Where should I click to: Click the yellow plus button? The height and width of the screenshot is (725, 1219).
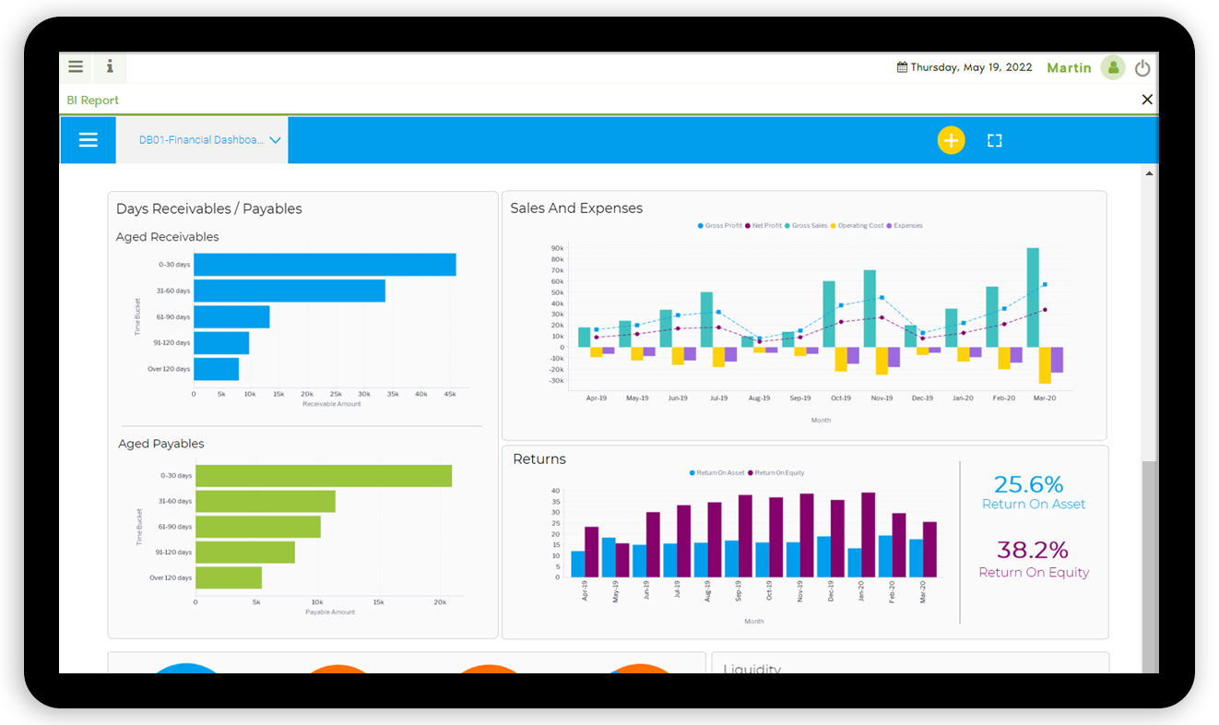(951, 140)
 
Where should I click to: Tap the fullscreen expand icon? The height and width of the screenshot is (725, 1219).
(994, 140)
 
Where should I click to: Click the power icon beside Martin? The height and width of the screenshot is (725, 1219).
(1142, 68)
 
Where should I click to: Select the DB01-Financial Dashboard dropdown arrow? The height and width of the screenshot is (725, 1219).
(275, 141)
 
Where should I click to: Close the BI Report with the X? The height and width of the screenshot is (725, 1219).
(1147, 100)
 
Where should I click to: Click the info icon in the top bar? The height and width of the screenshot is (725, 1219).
(110, 66)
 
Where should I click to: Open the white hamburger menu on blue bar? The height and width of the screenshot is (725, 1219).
(89, 140)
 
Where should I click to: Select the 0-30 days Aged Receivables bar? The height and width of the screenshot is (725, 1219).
(325, 265)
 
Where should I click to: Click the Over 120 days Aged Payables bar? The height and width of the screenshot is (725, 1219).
(229, 577)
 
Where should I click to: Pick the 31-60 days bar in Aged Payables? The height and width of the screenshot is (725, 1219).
(266, 502)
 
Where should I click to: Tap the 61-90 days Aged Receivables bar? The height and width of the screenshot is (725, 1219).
(231, 317)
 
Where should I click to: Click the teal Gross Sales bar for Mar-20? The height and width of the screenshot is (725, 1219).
(1033, 297)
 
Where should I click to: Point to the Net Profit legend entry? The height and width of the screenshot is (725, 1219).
(766, 226)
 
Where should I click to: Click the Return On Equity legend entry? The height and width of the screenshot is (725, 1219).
(779, 473)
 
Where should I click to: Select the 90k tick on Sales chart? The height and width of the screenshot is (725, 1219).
(557, 248)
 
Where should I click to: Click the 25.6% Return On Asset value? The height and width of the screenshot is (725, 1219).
(1028, 484)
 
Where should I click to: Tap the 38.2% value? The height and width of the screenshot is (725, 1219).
(1033, 551)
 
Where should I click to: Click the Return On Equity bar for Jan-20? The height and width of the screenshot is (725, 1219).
(868, 535)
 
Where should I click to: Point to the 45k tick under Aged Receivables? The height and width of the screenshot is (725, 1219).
(450, 394)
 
